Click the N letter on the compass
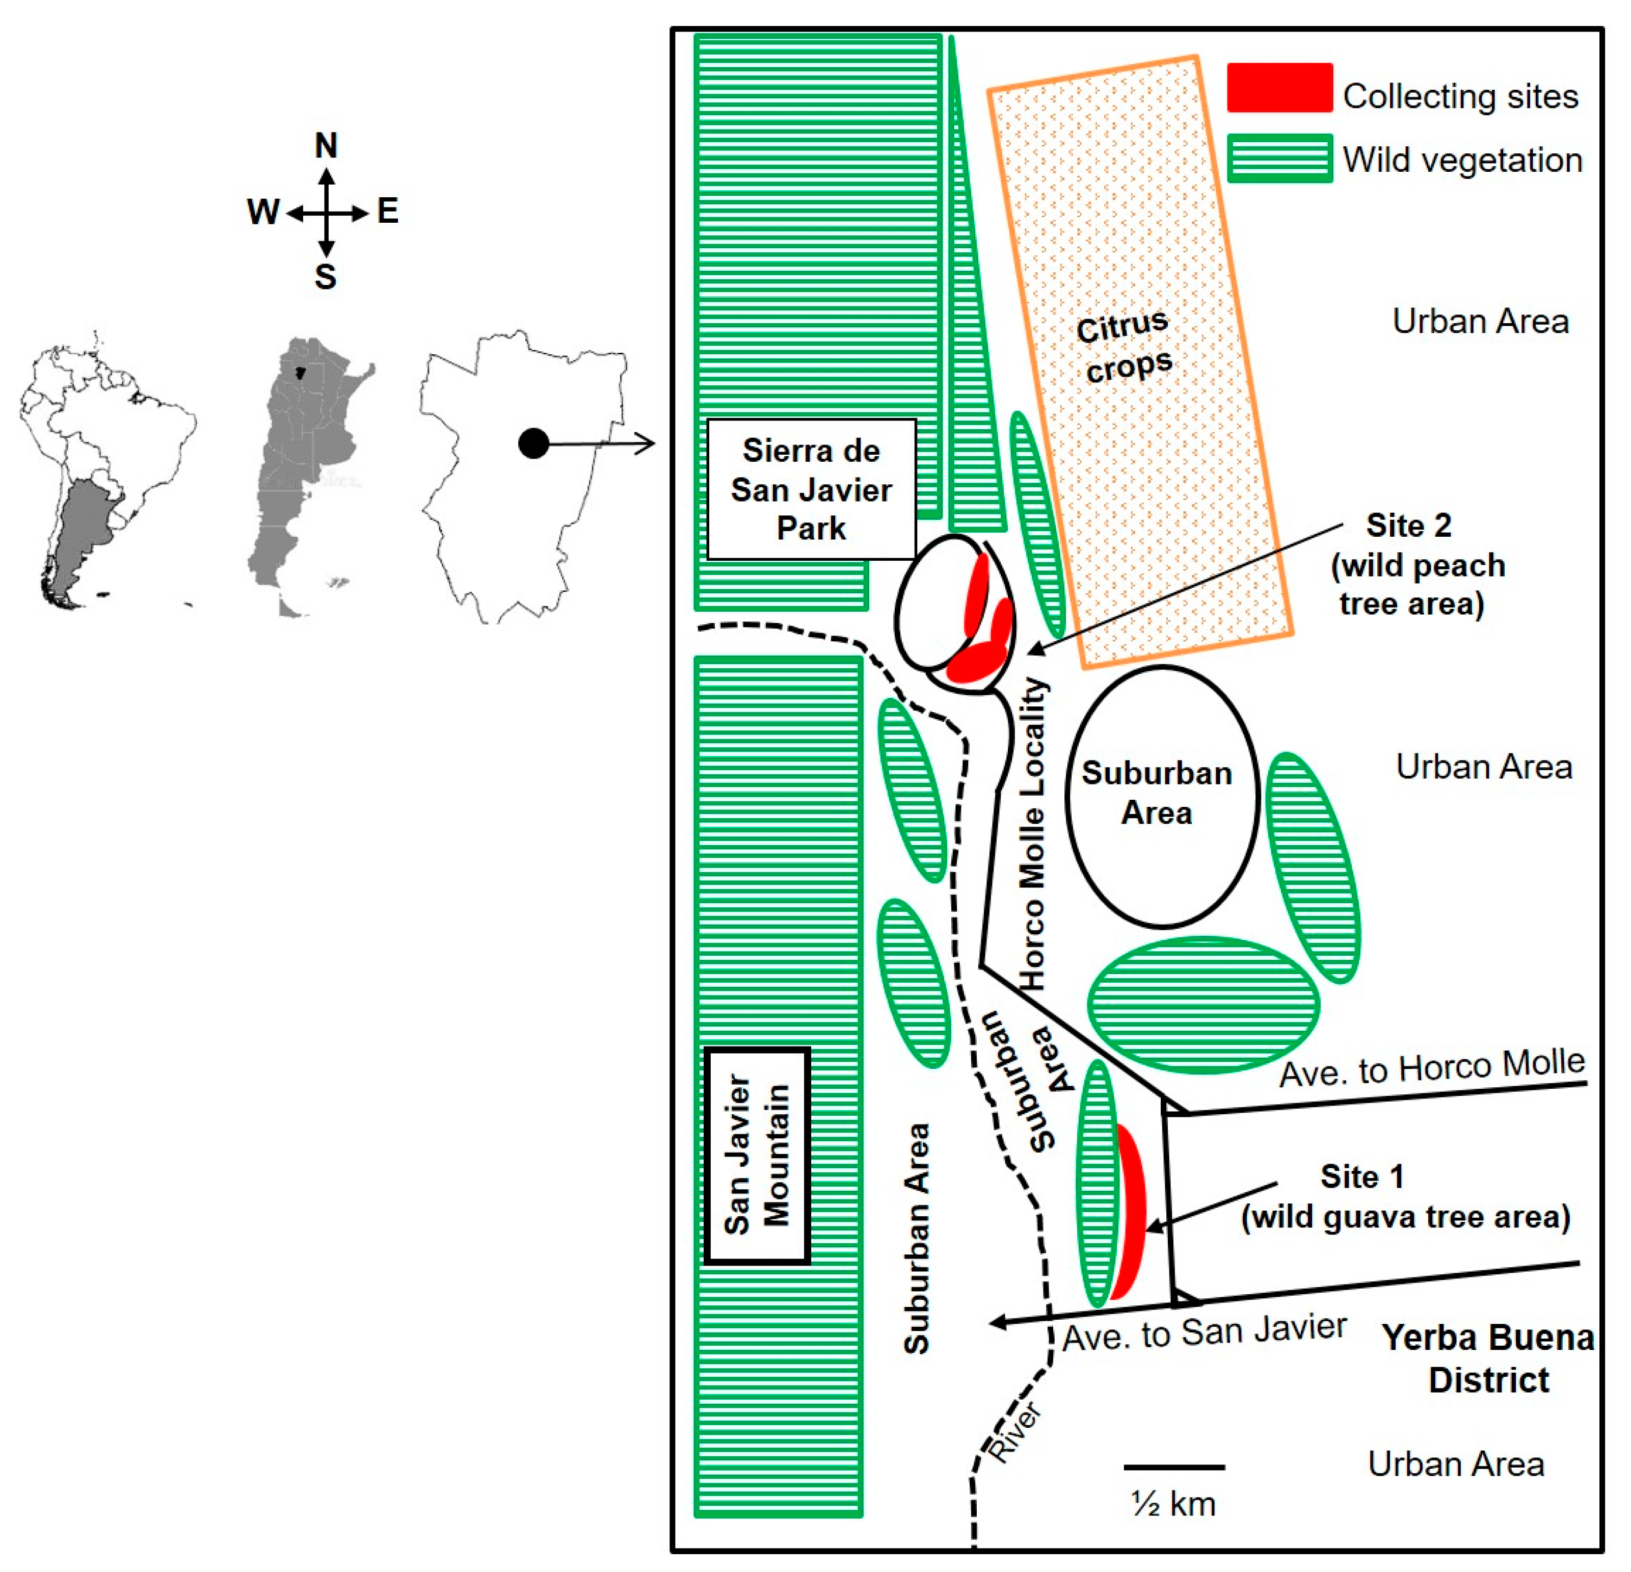click(x=326, y=146)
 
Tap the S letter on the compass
click(x=326, y=276)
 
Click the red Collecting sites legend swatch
click(x=1279, y=88)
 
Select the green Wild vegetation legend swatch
click(x=1279, y=158)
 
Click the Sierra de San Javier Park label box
click(x=811, y=489)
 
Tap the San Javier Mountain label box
click(x=757, y=1156)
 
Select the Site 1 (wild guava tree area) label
click(x=1405, y=1197)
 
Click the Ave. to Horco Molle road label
click(x=1431, y=1069)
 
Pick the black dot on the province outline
click(x=533, y=443)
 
